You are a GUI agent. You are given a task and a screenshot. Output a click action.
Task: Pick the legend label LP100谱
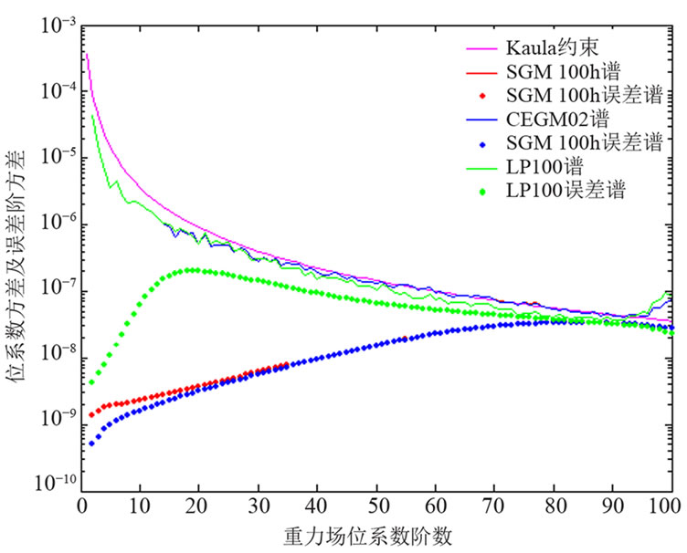tap(539, 167)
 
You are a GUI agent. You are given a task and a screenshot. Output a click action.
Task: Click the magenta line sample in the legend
tap(481, 47)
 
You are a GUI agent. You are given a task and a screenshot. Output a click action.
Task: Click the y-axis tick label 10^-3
tap(54, 28)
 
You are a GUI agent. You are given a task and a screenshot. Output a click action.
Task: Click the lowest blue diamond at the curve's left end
tap(91, 443)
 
